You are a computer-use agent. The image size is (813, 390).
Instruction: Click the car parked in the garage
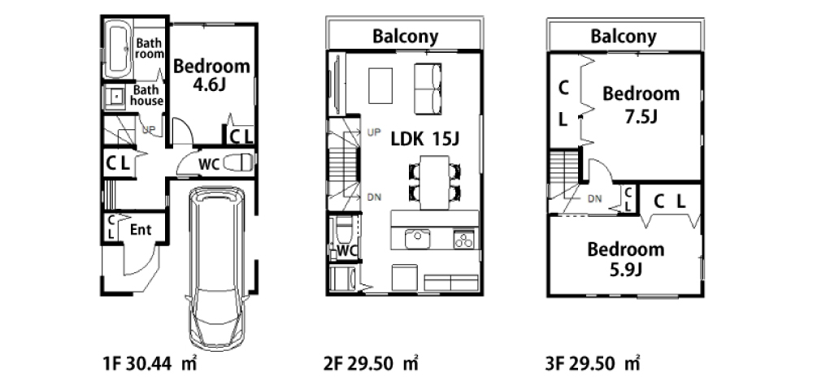tap(215, 268)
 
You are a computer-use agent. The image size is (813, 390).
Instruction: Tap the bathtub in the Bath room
tap(117, 50)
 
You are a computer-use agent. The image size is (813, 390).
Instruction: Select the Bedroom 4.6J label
tap(211, 75)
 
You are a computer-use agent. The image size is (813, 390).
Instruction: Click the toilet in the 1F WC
tap(238, 163)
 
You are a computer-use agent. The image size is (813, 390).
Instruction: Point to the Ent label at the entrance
tap(141, 229)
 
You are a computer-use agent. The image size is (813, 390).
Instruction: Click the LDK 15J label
tap(425, 139)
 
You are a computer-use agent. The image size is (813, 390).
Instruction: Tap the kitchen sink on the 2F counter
tap(417, 240)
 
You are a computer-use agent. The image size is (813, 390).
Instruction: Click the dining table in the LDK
tap(434, 182)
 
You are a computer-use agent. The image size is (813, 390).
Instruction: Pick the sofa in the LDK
tap(428, 89)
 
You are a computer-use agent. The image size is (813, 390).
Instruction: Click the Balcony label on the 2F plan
tap(406, 37)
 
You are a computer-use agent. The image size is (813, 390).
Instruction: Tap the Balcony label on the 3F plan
tap(624, 37)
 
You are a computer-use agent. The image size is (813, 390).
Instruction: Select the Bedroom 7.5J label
tap(641, 105)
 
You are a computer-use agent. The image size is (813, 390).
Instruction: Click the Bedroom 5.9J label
tap(626, 259)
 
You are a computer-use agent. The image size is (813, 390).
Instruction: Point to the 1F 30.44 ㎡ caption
tap(150, 364)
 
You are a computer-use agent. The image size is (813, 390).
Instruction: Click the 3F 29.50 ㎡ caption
tap(592, 364)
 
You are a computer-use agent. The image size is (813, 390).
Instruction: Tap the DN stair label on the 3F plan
tap(595, 198)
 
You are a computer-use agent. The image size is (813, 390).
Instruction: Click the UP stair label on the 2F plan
tap(373, 132)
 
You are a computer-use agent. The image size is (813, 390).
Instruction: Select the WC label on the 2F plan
tap(347, 251)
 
